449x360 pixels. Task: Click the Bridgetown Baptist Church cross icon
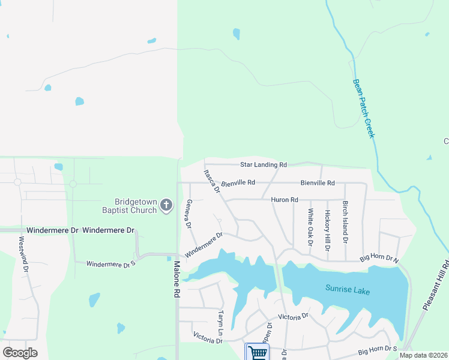[x=166, y=206]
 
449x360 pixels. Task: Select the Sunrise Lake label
[x=348, y=290]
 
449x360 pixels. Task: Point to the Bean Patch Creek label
[x=364, y=109]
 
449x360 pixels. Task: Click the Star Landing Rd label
[x=264, y=164]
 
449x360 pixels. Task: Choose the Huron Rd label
[x=285, y=199]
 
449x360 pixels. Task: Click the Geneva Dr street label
[x=188, y=214]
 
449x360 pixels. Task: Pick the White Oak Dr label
[x=310, y=227]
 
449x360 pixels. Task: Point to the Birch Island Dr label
[x=345, y=222]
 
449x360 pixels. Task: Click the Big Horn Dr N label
[x=379, y=259]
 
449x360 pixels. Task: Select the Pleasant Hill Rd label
[x=436, y=285]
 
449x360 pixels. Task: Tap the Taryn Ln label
[x=221, y=323]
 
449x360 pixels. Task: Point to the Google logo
[x=20, y=353]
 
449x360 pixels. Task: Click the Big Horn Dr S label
[x=378, y=349]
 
